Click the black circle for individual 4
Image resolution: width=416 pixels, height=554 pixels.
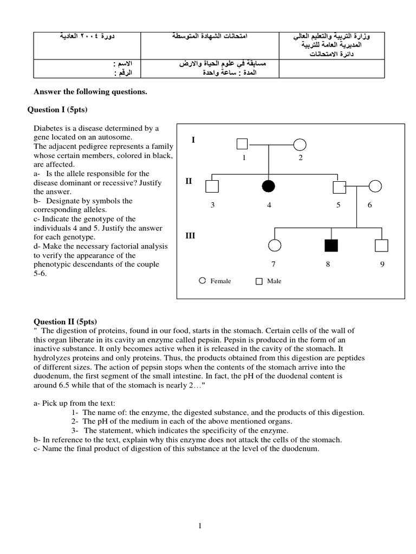pyautogui.click(x=269, y=186)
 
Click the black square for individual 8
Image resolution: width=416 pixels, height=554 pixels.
pyautogui.click(x=331, y=245)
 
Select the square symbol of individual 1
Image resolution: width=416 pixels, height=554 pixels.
pyautogui.click(x=242, y=144)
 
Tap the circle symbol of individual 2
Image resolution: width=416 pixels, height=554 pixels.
pyautogui.click(x=300, y=144)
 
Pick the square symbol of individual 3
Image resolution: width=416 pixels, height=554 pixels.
pyautogui.click(x=212, y=186)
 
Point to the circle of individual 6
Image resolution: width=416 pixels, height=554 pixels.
pyautogui.click(x=375, y=186)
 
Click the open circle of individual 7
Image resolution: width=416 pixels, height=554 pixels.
pyautogui.click(x=275, y=246)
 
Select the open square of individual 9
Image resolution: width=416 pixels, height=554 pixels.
pyautogui.click(x=382, y=246)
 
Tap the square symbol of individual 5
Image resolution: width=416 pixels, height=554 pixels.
pyautogui.click(x=339, y=186)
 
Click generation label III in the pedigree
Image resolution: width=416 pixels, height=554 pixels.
pyautogui.click(x=190, y=236)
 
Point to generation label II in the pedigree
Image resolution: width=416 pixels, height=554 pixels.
pyautogui.click(x=188, y=181)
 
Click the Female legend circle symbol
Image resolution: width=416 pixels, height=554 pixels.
pyautogui.click(x=202, y=281)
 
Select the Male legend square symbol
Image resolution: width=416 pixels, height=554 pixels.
pyautogui.click(x=259, y=281)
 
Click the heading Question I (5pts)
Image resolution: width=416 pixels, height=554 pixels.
pyautogui.click(x=57, y=110)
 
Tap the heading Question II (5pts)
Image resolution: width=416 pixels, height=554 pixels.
pyautogui.click(x=65, y=321)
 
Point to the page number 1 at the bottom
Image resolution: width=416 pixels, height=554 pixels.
pyautogui.click(x=200, y=526)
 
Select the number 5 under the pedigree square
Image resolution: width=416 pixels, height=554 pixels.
pyautogui.click(x=338, y=206)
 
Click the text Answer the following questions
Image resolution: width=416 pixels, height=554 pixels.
pyautogui.click(x=90, y=92)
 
